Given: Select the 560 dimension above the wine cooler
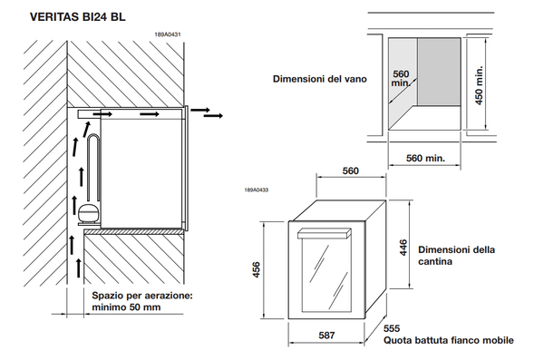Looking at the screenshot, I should pyautogui.click(x=351, y=170).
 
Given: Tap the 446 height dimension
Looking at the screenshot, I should pyautogui.click(x=404, y=246).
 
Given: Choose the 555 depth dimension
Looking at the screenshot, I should pyautogui.click(x=392, y=328).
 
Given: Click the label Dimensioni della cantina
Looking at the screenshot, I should pyautogui.click(x=457, y=254).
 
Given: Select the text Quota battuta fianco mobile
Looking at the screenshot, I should pyautogui.click(x=448, y=341).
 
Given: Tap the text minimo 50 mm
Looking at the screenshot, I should pyautogui.click(x=128, y=307).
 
